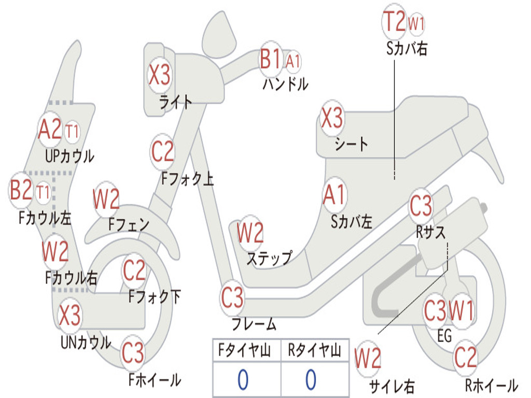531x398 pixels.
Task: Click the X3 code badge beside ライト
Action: [160, 75]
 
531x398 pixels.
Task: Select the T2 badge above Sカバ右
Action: [394, 21]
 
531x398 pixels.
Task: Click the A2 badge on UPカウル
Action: [50, 129]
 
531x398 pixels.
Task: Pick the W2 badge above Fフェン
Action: [106, 199]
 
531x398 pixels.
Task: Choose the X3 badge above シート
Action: [332, 118]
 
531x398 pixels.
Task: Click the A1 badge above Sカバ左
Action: [334, 195]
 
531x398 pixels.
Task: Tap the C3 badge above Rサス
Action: [421, 205]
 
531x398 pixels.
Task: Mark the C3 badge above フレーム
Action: [232, 297]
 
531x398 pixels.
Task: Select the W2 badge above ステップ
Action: [250, 233]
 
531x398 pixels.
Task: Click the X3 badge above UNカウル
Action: [69, 315]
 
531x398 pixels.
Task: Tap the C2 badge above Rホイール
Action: [465, 358]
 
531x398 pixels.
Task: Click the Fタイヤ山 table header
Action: [245, 350]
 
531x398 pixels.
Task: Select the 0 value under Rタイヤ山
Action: [311, 379]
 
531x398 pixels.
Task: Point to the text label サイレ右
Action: [392, 386]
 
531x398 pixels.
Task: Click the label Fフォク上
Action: [187, 178]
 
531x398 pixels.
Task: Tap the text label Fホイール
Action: [155, 380]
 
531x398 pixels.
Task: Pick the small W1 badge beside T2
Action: [416, 23]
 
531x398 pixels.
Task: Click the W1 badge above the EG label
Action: [461, 310]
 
